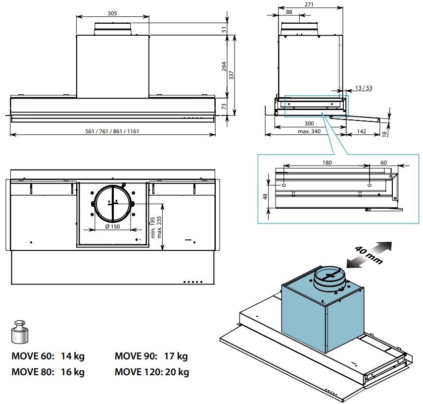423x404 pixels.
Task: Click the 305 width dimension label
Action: pyautogui.click(x=112, y=13)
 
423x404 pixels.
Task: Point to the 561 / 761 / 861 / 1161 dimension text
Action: pyautogui.click(x=112, y=131)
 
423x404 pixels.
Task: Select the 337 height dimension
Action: pyautogui.click(x=232, y=75)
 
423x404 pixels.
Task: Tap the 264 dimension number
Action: pyautogui.click(x=223, y=66)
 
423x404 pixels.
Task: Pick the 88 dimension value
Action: pyautogui.click(x=289, y=12)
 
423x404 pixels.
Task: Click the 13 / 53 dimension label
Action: pyautogui.click(x=364, y=88)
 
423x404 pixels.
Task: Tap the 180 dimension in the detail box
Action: pyautogui.click(x=327, y=162)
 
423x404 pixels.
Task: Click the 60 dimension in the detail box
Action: pyautogui.click(x=384, y=162)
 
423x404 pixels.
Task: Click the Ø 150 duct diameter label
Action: pyautogui.click(x=113, y=227)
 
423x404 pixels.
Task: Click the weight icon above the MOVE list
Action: pyautogui.click(x=20, y=331)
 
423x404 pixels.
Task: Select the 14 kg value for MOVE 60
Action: pyautogui.click(x=72, y=356)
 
